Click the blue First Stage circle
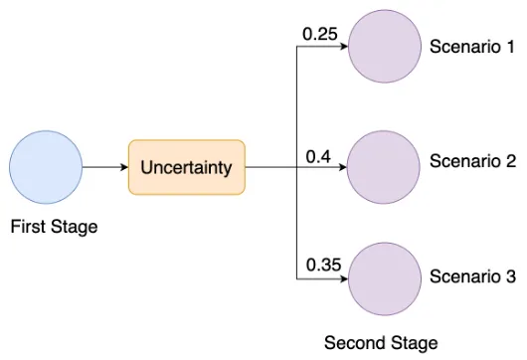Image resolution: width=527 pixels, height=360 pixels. click(46, 167)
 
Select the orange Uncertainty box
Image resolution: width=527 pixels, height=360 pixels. click(187, 167)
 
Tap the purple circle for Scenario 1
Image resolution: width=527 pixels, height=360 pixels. click(384, 47)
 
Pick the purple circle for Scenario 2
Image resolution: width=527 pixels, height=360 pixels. click(384, 167)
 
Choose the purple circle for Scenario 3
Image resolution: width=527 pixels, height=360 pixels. click(384, 277)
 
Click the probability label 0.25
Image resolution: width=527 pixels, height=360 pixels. click(320, 35)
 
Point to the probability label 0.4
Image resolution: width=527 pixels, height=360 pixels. click(318, 155)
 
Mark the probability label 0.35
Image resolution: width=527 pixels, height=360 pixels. click(324, 265)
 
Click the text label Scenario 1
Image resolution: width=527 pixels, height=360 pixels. click(471, 47)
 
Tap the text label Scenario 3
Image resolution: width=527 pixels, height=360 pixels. click(471, 277)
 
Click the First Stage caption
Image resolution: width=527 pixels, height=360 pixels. click(54, 227)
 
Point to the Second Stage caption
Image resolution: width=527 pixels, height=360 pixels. click(381, 343)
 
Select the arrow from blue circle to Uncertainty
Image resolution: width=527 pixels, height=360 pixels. click(105, 167)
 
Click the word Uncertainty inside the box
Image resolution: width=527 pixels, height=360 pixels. click(187, 167)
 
